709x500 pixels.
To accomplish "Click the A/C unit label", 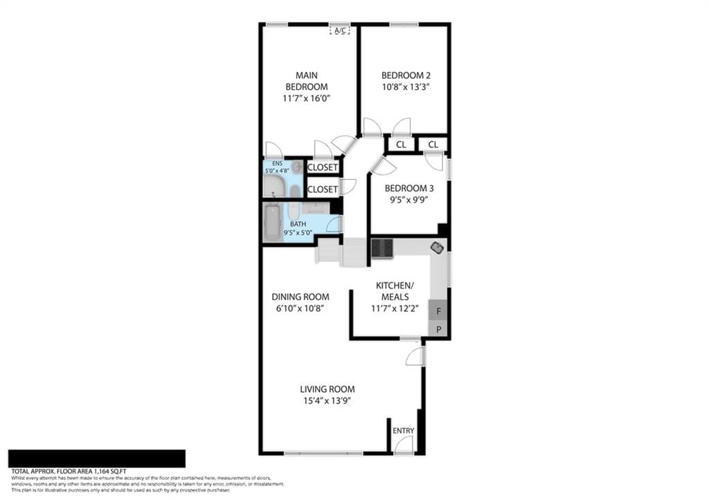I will coord(339,30).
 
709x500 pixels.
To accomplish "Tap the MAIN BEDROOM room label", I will coord(307,81).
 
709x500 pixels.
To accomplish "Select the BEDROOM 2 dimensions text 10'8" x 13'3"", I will coord(406,87).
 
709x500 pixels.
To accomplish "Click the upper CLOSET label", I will coord(322,167).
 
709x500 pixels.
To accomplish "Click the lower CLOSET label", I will coord(322,189).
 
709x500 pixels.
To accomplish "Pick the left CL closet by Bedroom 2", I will coord(400,145).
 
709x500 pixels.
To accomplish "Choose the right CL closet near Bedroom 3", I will coord(433,145).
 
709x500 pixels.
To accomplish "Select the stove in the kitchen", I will coord(382,248).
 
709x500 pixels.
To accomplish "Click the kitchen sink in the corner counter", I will coord(438,247).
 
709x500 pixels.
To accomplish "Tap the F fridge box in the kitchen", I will coord(438,311).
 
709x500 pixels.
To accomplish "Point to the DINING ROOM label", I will coord(300,297).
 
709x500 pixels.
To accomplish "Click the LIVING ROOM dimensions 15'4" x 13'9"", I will coord(327,400).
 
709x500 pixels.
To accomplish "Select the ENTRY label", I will coord(403,431).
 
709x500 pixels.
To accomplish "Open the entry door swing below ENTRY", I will coord(404,445).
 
